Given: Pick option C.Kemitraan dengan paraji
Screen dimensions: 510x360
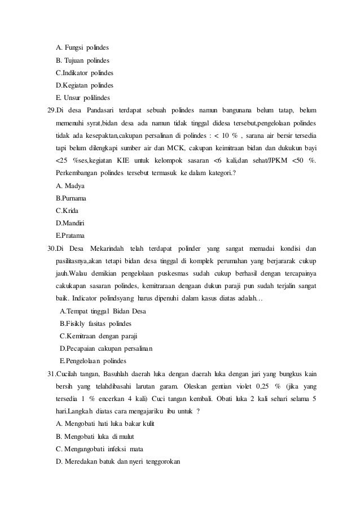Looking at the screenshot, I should pos(98,336).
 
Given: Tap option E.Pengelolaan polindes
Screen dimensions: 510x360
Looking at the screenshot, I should pos(93,361).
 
